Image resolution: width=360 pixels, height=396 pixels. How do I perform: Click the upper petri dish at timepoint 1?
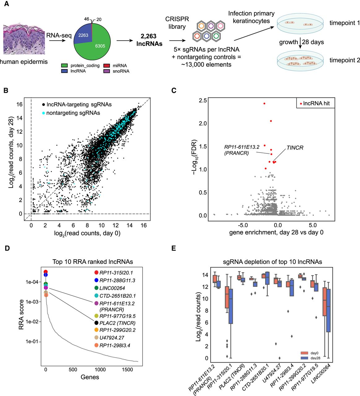click(300, 24)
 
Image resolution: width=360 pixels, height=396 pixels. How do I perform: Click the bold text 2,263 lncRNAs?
click(149, 40)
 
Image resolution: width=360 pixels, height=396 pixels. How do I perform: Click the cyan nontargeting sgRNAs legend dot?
click(43, 113)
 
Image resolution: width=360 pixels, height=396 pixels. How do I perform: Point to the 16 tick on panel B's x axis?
click(144, 225)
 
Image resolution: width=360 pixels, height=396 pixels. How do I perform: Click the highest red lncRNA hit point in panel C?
click(264, 104)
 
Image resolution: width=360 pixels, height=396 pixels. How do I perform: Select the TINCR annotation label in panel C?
click(295, 148)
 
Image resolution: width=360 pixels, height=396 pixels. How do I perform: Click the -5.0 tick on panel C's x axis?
click(243, 225)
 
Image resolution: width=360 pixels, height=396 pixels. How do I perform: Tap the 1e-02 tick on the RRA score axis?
click(32, 322)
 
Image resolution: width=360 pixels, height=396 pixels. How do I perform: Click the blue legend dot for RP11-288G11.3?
click(46, 274)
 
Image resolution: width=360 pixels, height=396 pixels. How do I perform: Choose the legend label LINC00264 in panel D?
click(112, 288)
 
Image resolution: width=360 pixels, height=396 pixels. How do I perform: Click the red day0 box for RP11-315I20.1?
click(227, 297)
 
